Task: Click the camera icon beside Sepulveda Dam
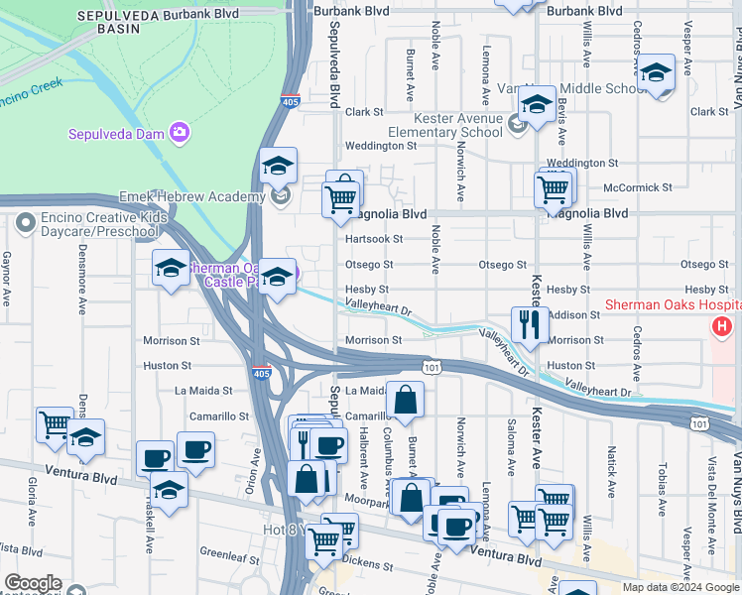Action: click(180, 132)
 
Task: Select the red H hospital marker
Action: click(722, 325)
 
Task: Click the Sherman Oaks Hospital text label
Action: click(669, 305)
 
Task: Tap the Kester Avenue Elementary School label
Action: click(444, 125)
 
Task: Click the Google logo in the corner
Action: click(32, 583)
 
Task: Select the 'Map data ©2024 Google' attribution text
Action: click(680, 587)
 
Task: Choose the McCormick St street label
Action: click(637, 186)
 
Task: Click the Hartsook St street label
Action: click(374, 239)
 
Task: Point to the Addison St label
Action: click(580, 314)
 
